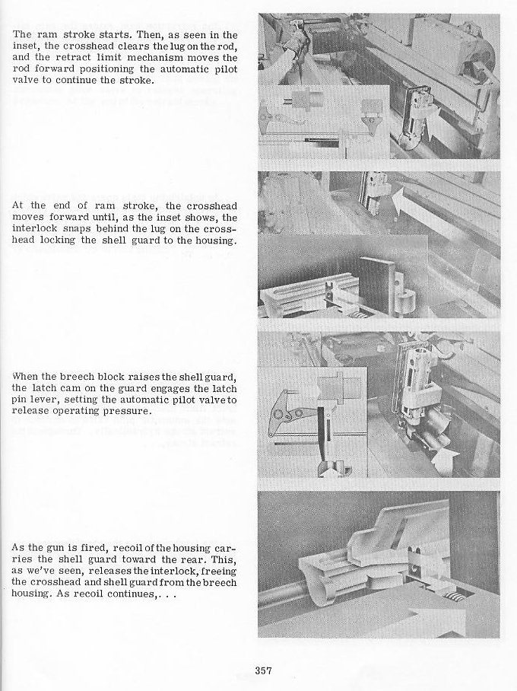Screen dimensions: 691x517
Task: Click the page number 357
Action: (x=264, y=670)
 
